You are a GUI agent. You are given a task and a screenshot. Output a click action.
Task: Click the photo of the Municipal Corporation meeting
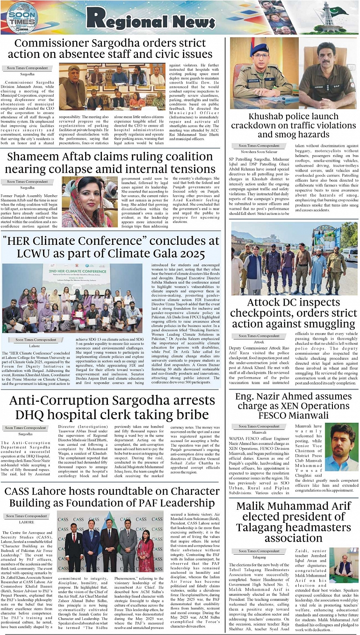[112, 86]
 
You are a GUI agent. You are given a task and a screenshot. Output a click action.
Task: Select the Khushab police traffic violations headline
[293, 125]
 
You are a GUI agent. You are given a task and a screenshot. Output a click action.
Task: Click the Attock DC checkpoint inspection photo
[294, 258]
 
